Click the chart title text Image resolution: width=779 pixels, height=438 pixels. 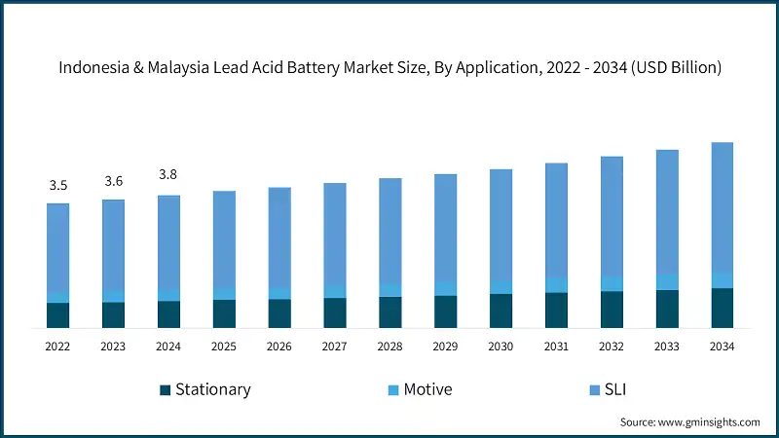[x=389, y=68]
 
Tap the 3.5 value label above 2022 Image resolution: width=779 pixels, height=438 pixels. [x=57, y=185]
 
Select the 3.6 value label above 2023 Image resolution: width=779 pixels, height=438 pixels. [x=113, y=181]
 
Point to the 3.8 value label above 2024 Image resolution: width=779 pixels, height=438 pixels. [x=168, y=175]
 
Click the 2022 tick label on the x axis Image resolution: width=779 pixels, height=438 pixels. [x=57, y=347]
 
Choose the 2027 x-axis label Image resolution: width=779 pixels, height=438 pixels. [x=335, y=347]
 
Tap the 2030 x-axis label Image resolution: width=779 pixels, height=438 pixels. [x=501, y=347]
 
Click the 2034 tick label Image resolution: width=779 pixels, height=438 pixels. [x=722, y=347]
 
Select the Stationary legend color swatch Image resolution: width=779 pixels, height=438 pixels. [x=166, y=390]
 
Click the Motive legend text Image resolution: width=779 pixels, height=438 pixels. [x=428, y=389]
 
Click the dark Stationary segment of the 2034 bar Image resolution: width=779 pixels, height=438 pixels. [x=722, y=309]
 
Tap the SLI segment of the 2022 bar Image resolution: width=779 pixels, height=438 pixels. [x=57, y=248]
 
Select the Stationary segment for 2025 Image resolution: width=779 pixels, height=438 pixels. [x=224, y=314]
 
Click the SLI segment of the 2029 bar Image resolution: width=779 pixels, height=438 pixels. [x=445, y=229]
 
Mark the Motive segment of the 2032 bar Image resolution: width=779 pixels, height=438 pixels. [x=612, y=283]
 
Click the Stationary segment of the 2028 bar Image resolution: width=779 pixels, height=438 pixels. [x=389, y=312]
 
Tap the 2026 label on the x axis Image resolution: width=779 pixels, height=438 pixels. [x=279, y=347]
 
